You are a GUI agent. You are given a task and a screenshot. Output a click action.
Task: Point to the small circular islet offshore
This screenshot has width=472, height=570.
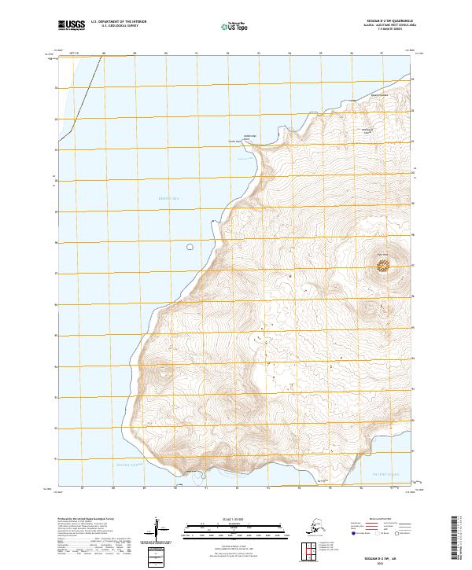190,247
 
